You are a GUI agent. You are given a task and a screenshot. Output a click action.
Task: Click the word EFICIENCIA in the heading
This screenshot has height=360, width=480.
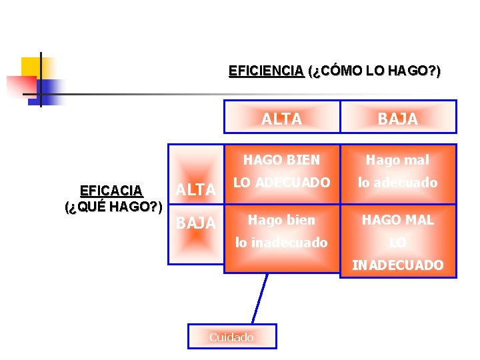coord(266,71)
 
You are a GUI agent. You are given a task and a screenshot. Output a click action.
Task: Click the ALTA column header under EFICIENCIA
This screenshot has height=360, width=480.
coord(281,119)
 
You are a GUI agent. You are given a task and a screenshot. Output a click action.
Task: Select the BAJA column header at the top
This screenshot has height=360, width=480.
coord(398,119)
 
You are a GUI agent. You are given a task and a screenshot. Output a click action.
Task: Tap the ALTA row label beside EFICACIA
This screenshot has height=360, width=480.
coord(195,191)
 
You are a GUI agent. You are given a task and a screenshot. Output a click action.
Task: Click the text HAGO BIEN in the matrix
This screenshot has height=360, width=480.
coord(281,160)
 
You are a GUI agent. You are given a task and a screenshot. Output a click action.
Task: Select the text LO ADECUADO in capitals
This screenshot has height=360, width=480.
coord(281,182)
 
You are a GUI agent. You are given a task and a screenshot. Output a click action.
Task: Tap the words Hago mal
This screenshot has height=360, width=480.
coord(398,160)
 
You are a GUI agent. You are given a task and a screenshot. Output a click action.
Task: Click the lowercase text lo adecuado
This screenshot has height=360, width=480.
coord(398,182)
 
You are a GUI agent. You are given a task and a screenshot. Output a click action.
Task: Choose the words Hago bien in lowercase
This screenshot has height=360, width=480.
coord(281,220)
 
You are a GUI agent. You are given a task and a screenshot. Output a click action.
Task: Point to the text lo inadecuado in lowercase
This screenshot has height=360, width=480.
coord(281,243)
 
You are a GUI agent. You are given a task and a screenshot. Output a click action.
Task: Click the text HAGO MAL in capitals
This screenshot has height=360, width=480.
coord(398,220)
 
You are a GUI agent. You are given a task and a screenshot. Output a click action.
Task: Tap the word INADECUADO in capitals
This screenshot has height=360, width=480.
coord(398,265)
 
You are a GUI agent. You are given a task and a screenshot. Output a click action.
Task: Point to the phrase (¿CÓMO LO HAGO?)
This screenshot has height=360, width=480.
coord(374,71)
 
